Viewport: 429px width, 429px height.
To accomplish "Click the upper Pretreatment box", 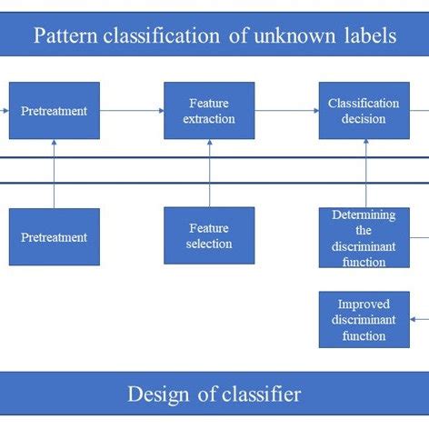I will tap(55, 111).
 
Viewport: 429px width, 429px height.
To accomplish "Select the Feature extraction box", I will tap(209, 111).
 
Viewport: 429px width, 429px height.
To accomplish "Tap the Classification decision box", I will tap(364, 111).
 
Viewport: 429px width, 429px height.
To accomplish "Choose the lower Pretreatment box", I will tap(55, 236).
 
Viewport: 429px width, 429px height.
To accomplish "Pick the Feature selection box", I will tap(209, 235).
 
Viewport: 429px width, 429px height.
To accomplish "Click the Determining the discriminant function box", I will tap(364, 237).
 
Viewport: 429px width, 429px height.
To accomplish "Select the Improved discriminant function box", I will tap(364, 319).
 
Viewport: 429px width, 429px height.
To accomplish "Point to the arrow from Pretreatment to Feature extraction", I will tap(132, 111).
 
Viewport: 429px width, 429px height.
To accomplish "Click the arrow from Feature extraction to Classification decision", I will tap(286, 111).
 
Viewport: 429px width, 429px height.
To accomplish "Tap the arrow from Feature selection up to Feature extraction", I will tap(209, 173).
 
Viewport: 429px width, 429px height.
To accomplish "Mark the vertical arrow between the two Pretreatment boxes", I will tap(55, 173).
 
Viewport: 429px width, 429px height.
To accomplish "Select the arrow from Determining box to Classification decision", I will tap(364, 173).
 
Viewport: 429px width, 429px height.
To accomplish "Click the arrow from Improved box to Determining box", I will tap(364, 279).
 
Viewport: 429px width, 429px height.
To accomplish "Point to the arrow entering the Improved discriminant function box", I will tap(419, 319).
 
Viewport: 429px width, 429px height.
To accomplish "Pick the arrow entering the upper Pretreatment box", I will tap(5, 111).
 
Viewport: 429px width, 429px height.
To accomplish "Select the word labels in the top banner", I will tap(368, 36).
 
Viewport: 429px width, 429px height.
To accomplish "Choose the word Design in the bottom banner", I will tap(158, 394).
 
